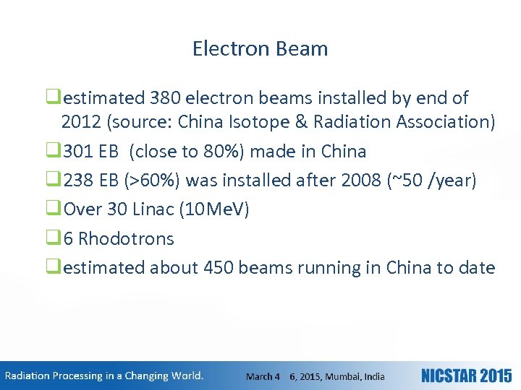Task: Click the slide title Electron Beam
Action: pyautogui.click(x=260, y=48)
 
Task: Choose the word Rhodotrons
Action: pyautogui.click(x=126, y=238)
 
